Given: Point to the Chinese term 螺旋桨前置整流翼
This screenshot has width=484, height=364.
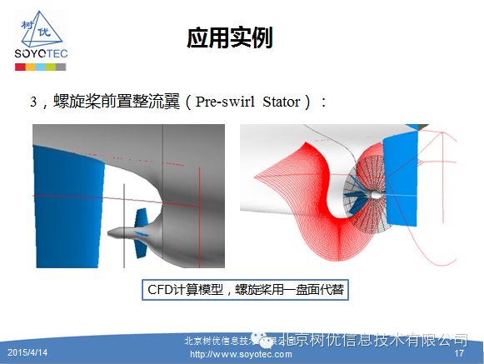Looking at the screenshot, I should coord(113,102).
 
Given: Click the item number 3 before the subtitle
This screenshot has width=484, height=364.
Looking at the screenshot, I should coord(34,102).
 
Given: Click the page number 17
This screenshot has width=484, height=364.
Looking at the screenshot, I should coord(458,353).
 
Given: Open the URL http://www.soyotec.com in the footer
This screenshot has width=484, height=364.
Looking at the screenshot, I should coord(241,354).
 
